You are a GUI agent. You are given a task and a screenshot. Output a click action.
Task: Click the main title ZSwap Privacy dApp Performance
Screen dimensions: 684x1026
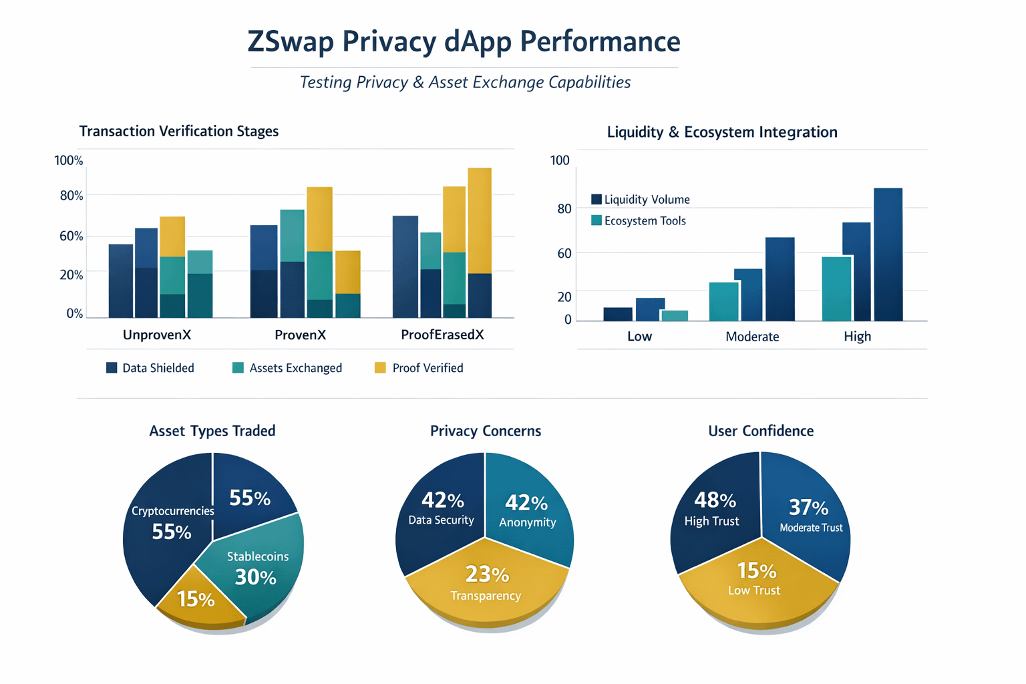pos(464,41)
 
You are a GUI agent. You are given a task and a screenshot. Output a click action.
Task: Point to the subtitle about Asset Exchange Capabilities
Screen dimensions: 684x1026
pos(465,82)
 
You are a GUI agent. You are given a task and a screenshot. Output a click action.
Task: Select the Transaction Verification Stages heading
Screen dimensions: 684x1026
pos(179,131)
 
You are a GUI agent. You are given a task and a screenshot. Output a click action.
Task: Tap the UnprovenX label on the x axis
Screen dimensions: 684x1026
pos(157,335)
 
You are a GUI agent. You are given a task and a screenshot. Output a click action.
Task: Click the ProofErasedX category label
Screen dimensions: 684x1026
pos(442,335)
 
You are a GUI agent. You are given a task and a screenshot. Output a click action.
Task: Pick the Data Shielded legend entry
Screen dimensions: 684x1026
pos(150,368)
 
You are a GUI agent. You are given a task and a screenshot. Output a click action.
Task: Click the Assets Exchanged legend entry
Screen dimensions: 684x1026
pos(287,368)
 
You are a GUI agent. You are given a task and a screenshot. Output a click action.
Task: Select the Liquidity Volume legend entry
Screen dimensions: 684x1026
pos(641,199)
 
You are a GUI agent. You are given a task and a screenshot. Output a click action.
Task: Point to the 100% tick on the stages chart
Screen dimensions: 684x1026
pos(69,160)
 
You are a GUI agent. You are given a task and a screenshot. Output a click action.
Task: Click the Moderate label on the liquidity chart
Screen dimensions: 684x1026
pos(752,337)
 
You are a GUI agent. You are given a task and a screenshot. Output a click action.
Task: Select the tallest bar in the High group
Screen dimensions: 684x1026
pos(888,254)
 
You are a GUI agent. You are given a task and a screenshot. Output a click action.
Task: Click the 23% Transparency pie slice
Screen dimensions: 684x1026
pos(486,588)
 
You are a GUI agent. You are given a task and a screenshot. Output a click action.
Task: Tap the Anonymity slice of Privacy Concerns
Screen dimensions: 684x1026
pos(528,511)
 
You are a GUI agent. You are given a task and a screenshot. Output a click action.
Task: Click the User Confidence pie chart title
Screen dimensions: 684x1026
pos(761,431)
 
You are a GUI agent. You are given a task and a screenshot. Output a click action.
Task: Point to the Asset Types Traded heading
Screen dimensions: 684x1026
pos(212,431)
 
